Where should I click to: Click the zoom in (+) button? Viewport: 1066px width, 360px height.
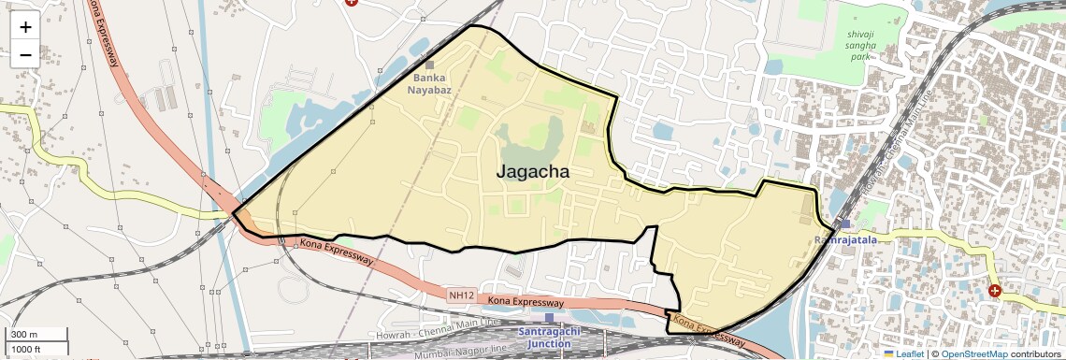coord(25,26)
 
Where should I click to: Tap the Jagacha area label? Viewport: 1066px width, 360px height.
coord(532,172)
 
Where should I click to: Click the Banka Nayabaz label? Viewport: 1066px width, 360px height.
coord(430,83)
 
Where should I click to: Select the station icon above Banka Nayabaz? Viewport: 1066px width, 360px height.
coord(430,65)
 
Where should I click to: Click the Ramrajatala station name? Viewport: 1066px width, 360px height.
coord(846,240)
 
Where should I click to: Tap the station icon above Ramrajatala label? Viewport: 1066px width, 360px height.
coord(845,224)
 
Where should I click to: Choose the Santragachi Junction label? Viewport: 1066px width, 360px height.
coord(549,338)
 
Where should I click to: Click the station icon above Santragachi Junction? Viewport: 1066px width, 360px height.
coord(549,318)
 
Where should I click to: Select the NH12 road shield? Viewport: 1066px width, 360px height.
coord(461,295)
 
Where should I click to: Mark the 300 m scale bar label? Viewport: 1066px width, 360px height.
coord(25,334)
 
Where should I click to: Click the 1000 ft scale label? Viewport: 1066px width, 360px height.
coord(28,349)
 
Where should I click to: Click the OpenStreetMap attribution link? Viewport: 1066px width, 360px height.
coord(974,353)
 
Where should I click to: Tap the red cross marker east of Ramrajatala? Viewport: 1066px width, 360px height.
coord(994,291)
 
